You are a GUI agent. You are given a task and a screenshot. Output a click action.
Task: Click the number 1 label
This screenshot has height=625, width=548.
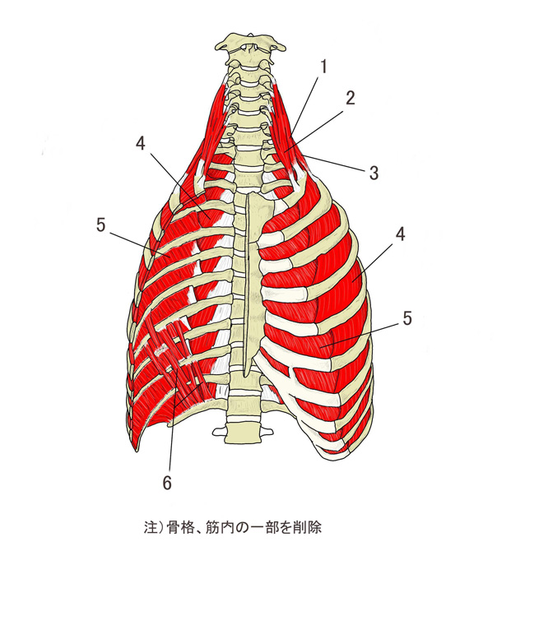(x=324, y=67)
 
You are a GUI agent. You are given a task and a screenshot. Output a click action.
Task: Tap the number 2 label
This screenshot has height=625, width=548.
(x=350, y=98)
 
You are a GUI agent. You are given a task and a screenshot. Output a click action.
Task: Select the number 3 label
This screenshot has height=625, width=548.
(x=374, y=173)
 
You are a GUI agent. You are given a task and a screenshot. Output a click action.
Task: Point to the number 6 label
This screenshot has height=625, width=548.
(x=167, y=483)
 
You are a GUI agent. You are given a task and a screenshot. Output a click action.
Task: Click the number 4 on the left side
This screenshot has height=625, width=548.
(x=141, y=143)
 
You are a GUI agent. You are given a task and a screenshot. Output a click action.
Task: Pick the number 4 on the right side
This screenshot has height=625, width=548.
(x=400, y=234)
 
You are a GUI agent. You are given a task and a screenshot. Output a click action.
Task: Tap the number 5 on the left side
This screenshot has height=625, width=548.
(x=101, y=225)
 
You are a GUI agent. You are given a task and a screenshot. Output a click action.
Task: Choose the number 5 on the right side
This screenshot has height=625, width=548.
(x=406, y=318)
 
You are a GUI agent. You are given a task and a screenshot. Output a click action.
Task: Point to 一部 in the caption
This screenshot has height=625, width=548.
(x=264, y=528)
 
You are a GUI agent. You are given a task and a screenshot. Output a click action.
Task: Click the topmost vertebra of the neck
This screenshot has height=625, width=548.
(x=250, y=44)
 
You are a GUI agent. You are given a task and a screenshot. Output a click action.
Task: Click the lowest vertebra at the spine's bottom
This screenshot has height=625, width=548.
(x=243, y=432)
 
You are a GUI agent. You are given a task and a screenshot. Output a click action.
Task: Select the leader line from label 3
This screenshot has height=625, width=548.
(x=335, y=164)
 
